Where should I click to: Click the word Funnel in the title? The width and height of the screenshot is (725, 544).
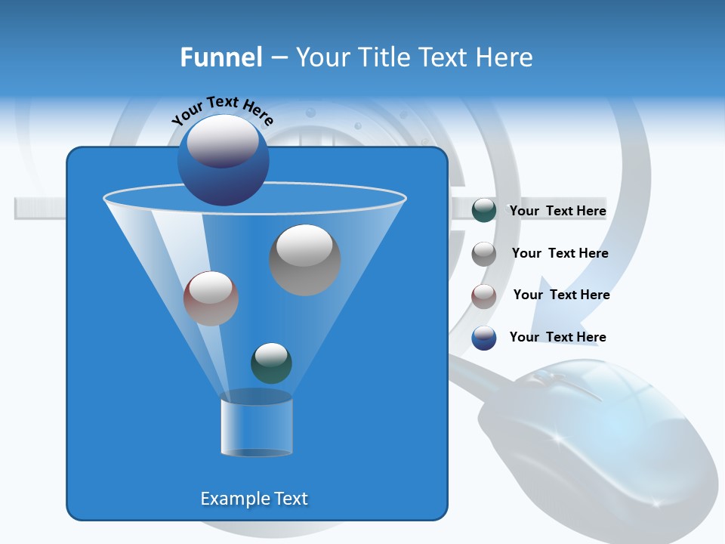[x=221, y=57]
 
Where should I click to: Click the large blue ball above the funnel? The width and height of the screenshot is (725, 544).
[x=223, y=159]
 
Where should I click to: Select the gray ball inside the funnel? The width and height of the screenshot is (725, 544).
[x=304, y=259]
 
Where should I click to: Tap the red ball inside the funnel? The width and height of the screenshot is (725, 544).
[x=211, y=298]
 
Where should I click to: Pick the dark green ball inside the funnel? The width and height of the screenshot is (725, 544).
[x=271, y=363]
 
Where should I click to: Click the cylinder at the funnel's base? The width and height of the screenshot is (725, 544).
[x=256, y=427]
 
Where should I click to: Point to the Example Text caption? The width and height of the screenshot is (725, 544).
[x=254, y=499]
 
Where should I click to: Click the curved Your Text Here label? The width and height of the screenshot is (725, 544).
[x=222, y=110]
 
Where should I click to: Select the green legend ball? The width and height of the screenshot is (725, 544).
[x=484, y=211]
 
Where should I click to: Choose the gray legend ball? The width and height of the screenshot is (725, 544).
[x=484, y=254]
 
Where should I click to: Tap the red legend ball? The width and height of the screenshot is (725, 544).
[x=484, y=296]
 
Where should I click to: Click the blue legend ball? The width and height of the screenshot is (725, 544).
[x=484, y=338]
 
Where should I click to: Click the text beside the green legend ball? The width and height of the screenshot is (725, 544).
[x=557, y=212]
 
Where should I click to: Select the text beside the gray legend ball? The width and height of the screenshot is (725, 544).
[x=560, y=253]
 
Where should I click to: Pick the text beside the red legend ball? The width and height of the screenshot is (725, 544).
[x=561, y=295]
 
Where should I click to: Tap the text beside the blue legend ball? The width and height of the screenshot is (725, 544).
[x=557, y=337]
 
